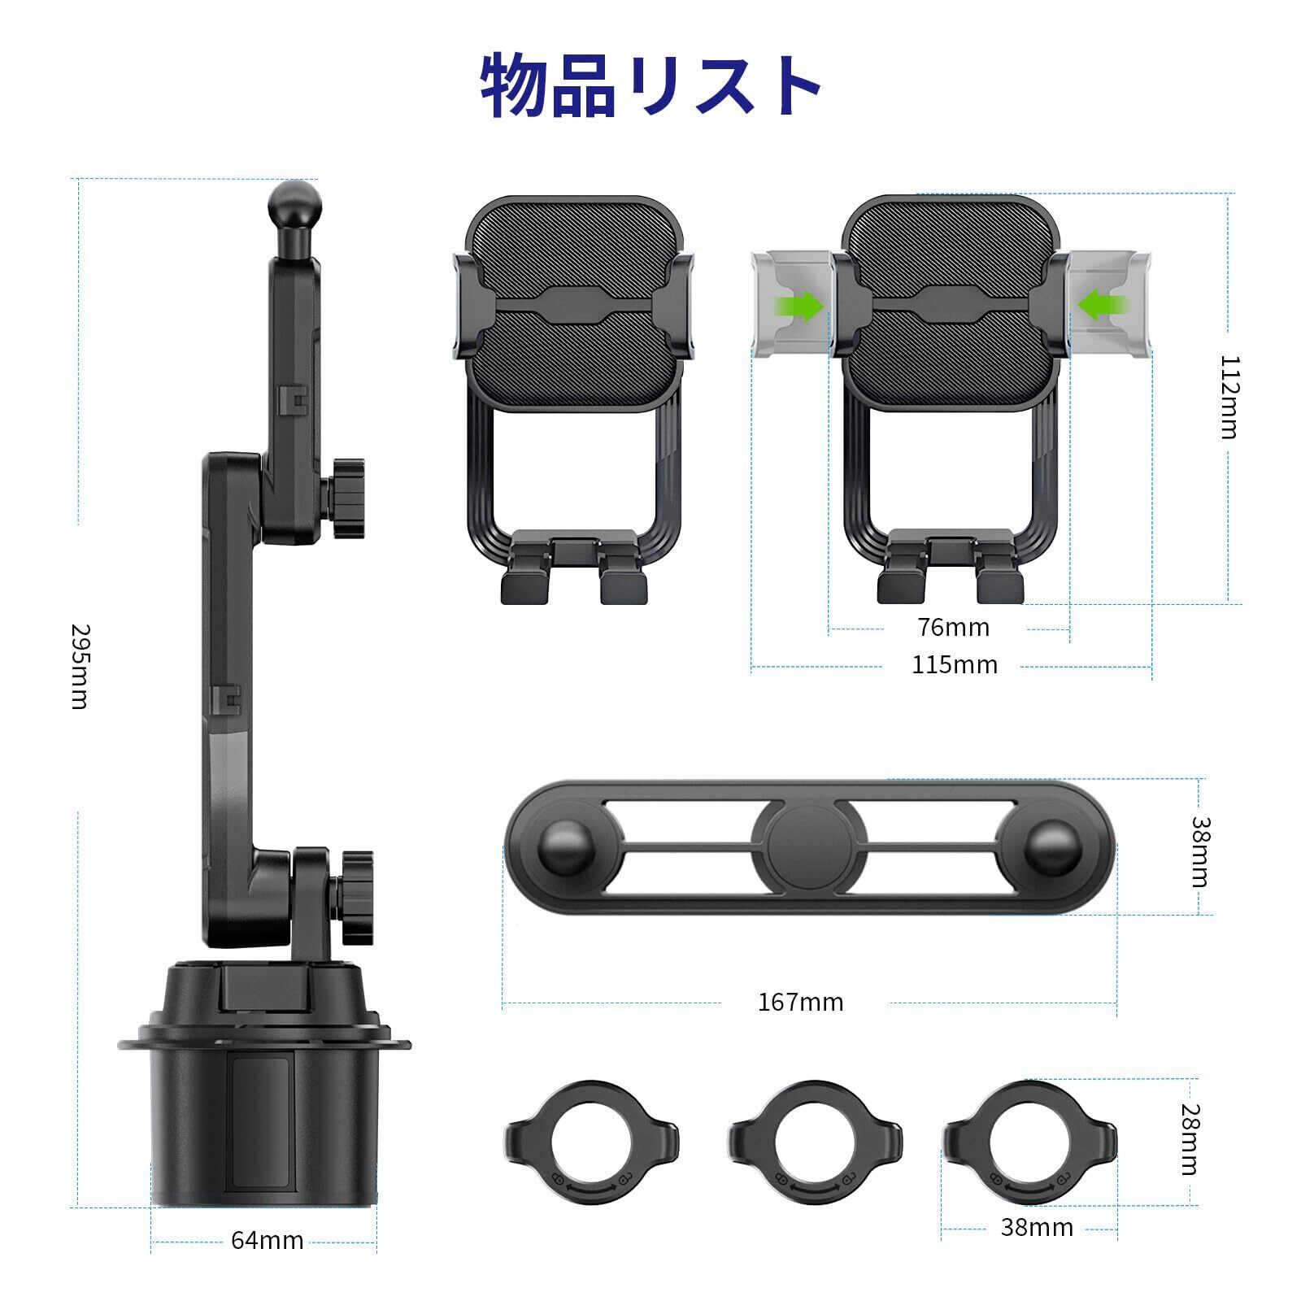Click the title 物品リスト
pos(650,87)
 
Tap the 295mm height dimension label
pos(79,666)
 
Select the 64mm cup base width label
pos(267,1240)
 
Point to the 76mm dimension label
pos(954,628)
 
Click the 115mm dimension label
pos(954,664)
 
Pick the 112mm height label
pos(1229,397)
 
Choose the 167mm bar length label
pos(800,1002)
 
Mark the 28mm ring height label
pos(1189,1139)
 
